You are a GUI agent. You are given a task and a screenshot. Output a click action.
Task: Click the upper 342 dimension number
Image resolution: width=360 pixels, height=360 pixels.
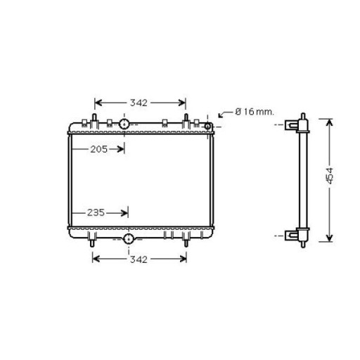(x=139, y=103)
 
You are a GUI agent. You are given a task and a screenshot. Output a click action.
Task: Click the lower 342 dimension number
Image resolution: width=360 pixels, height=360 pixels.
(x=139, y=259)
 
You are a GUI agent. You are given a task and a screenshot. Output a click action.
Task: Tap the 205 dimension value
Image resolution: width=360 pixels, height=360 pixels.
(x=99, y=149)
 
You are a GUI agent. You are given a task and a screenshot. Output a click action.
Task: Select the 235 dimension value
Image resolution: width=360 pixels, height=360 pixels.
(x=96, y=212)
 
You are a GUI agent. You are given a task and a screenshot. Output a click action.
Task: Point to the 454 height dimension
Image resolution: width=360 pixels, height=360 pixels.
(x=330, y=176)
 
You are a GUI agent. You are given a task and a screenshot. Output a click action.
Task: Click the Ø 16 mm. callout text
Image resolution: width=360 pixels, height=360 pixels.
(x=255, y=112)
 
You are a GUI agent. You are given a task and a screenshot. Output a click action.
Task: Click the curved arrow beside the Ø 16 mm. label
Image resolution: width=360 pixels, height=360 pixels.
(x=226, y=114)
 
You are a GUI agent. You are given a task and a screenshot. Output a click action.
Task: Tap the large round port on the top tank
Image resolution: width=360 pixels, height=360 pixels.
(x=124, y=124)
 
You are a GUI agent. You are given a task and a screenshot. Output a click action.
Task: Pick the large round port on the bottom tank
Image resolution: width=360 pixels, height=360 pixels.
(x=129, y=239)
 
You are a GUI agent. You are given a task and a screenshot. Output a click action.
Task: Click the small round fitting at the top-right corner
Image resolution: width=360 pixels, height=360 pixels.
(x=207, y=127)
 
